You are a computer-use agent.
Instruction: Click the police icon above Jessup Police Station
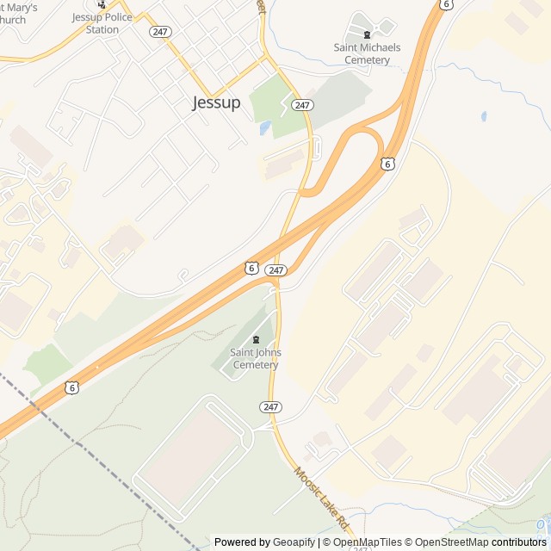click(102, 4)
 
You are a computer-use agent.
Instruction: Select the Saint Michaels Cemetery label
click(367, 53)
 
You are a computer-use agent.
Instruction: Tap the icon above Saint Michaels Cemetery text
click(368, 34)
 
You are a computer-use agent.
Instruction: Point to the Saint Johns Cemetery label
click(255, 358)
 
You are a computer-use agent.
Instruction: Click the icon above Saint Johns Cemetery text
click(255, 339)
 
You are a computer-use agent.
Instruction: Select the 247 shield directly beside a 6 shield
click(275, 270)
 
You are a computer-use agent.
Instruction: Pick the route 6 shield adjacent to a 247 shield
click(251, 268)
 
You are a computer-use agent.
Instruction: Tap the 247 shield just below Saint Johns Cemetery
click(270, 406)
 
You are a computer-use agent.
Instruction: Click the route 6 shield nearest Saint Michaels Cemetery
click(444, 4)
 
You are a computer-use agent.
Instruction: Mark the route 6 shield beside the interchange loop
click(388, 163)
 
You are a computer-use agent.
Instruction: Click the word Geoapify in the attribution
click(294, 542)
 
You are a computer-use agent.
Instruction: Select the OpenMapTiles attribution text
click(366, 542)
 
